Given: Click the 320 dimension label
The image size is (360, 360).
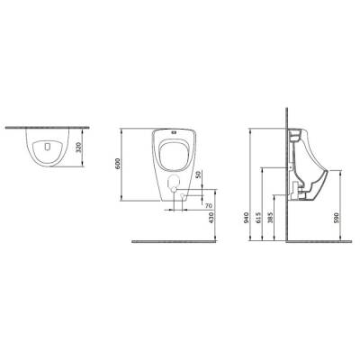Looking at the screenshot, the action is (x=78, y=147).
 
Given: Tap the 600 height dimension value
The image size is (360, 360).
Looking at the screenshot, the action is (x=118, y=163).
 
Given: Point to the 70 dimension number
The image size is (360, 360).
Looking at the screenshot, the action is (x=209, y=206).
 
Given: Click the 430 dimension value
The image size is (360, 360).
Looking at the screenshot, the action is (x=211, y=218).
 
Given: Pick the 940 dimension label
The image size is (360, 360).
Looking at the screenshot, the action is (x=246, y=218).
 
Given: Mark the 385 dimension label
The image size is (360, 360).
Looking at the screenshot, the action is (x=269, y=218).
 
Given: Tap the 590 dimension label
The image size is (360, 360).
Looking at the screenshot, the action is (x=336, y=218).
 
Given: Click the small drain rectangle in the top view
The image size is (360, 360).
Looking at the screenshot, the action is (x=47, y=147).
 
